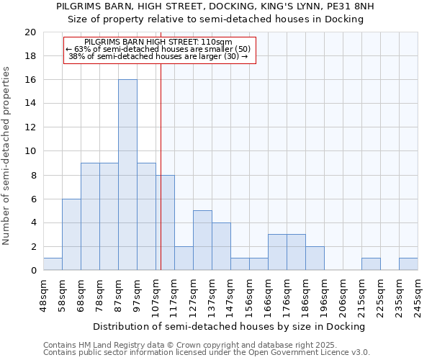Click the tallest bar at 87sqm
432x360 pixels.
(127, 175)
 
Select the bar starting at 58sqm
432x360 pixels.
(71, 235)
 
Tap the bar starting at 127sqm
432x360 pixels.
(202, 240)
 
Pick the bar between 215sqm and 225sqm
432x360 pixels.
(371, 264)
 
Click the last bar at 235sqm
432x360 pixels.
(408, 264)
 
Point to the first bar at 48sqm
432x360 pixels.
(53, 264)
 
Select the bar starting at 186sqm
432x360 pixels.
(315, 258)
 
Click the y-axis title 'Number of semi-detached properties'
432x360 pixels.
(6, 156)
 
